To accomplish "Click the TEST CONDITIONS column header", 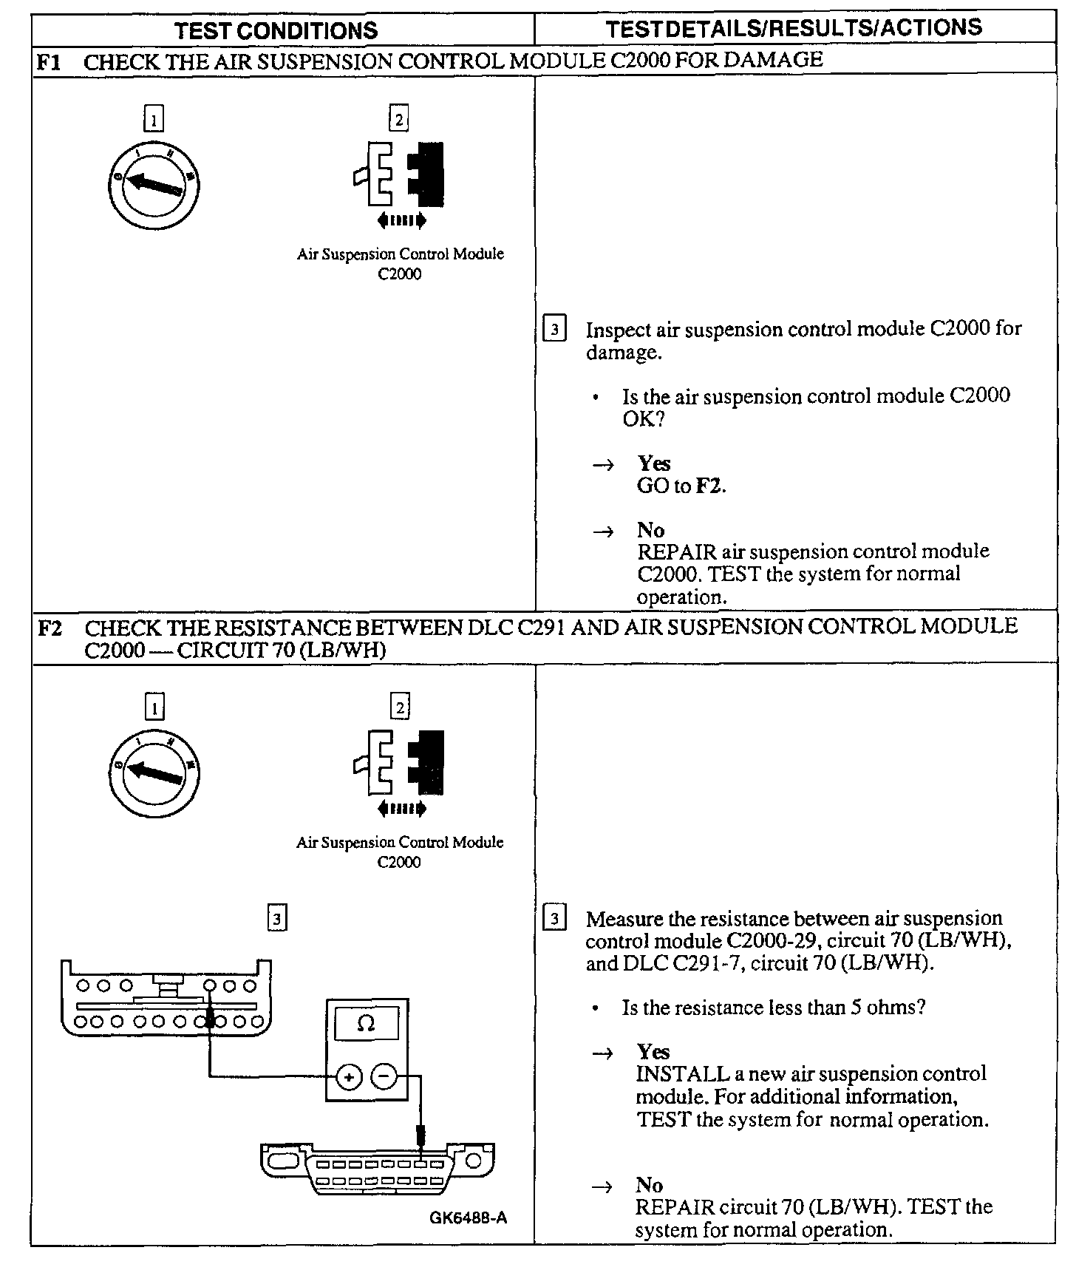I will (x=276, y=30).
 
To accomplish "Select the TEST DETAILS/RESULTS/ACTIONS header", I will (x=794, y=28).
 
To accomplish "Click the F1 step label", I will (x=49, y=61).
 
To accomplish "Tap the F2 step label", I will (x=50, y=628).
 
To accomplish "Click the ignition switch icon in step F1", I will (x=154, y=182).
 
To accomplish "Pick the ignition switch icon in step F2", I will (x=154, y=771).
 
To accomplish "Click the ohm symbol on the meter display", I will (x=366, y=1024).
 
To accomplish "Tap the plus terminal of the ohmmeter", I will (x=349, y=1077).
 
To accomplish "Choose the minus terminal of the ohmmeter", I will (x=384, y=1076).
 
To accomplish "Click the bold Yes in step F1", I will (x=654, y=463).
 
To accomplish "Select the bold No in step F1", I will (x=650, y=530).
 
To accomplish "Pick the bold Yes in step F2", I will (x=654, y=1052).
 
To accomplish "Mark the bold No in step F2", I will (x=650, y=1185).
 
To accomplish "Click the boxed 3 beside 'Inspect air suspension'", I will (x=554, y=328).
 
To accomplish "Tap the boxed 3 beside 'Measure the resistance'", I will (x=554, y=919).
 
